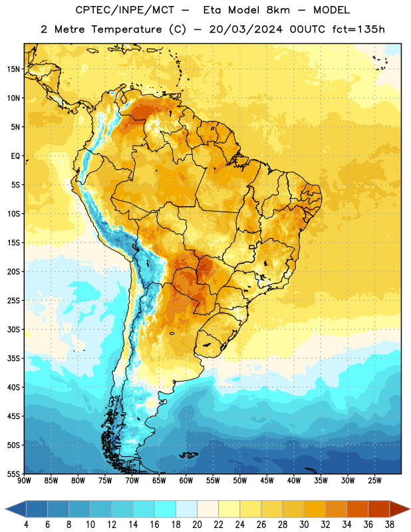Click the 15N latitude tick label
click(13, 69)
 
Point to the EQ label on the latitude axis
click(15, 156)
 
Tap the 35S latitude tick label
click(13, 358)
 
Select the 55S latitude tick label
click(13, 474)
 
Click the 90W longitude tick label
click(25, 481)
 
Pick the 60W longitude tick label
click(186, 481)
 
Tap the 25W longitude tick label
click(374, 481)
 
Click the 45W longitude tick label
click(267, 481)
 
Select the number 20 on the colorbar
click(197, 525)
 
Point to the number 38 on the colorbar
click(389, 525)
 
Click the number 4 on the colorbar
click(26, 525)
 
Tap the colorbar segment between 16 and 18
click(165, 509)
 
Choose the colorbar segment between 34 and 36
click(357, 509)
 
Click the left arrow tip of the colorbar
click(5, 509)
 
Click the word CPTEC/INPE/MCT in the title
click(125, 10)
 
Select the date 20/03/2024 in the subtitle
click(245, 29)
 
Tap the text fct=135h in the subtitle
click(358, 29)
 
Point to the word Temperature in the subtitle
click(126, 29)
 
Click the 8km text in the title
click(278, 10)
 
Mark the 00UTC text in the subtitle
click(307, 29)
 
